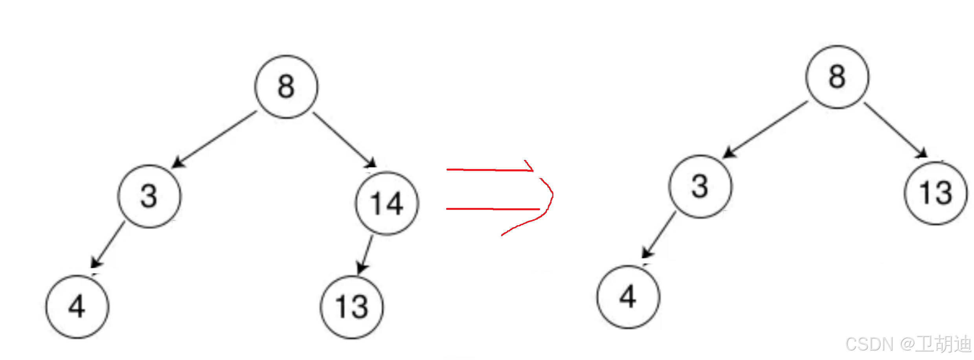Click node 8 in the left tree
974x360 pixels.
pos(286,87)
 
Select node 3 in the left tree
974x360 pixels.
pos(149,196)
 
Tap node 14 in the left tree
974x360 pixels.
pos(387,204)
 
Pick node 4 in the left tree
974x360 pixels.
pos(77,307)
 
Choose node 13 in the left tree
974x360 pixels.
pos(352,307)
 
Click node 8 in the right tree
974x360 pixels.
pos(837,77)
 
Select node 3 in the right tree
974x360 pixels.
pos(700,186)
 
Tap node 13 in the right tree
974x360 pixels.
pos(936,193)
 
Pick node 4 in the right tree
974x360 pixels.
pos(628,297)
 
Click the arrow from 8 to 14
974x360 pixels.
pos(344,140)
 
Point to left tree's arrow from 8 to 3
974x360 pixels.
pos(215,139)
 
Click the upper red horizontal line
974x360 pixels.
pos(489,170)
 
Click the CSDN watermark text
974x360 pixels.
pos(908,344)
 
